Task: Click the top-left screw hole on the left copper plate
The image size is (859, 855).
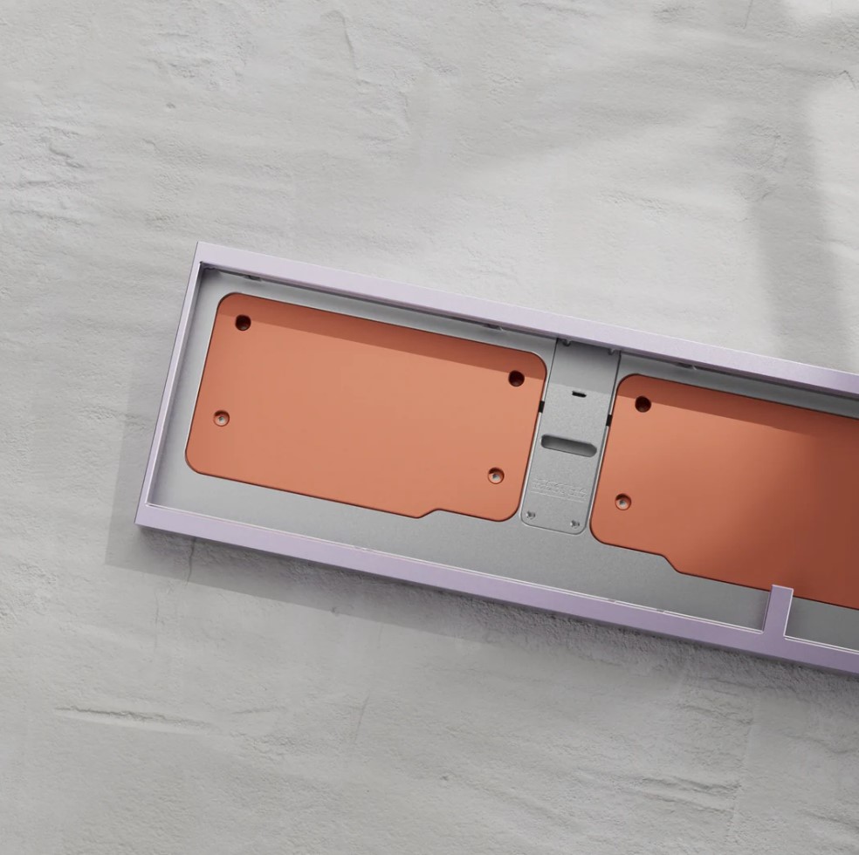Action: pyautogui.click(x=243, y=323)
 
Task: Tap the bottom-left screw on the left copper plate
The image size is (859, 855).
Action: pyautogui.click(x=222, y=418)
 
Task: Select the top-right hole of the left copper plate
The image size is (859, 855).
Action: pyautogui.click(x=516, y=379)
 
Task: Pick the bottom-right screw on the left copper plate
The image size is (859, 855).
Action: pyautogui.click(x=496, y=476)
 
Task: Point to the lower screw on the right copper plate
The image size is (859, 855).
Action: pyautogui.click(x=622, y=502)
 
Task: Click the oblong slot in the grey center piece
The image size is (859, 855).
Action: pyautogui.click(x=568, y=443)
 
